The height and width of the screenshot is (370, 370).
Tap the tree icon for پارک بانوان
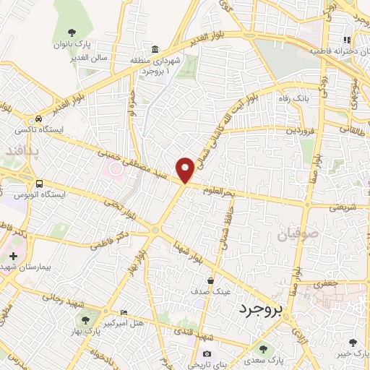[72, 32]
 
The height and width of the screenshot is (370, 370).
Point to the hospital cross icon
[13, 256]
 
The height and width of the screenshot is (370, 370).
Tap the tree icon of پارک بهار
[86, 318]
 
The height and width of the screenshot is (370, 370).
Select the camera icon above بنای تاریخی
[207, 353]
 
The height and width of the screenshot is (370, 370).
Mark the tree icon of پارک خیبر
[353, 342]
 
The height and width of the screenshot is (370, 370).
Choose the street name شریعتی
[344, 206]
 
